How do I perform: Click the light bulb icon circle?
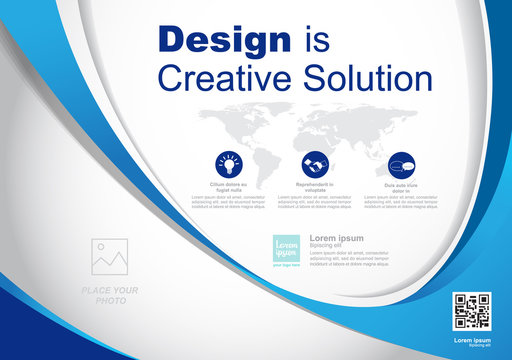coord(228,163)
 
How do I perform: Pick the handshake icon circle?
coord(313,163)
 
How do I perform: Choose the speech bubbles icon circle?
coord(400,163)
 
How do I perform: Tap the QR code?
coord(472,311)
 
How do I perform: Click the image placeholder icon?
coord(109,257)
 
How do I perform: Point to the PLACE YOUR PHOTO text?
coord(109,294)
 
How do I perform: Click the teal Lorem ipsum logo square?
coord(288,249)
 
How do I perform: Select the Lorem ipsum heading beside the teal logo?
coord(337,238)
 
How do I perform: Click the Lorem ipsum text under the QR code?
coord(472,341)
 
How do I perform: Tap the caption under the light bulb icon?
coord(228,186)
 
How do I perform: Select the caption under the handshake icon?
coord(313,186)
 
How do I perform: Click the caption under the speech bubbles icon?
coord(400,186)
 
